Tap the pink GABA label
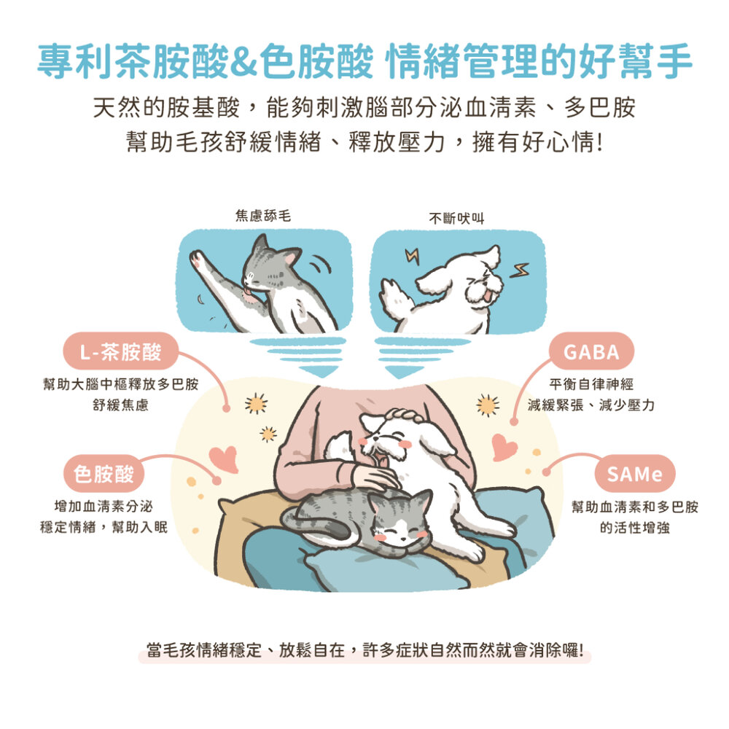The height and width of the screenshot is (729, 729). [590, 353]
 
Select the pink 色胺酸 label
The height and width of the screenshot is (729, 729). [104, 475]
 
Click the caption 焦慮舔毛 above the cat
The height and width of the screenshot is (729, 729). [262, 216]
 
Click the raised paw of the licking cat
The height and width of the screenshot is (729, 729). [198, 260]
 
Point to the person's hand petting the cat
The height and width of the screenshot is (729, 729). [374, 478]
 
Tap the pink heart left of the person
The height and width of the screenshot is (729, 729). [222, 458]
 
